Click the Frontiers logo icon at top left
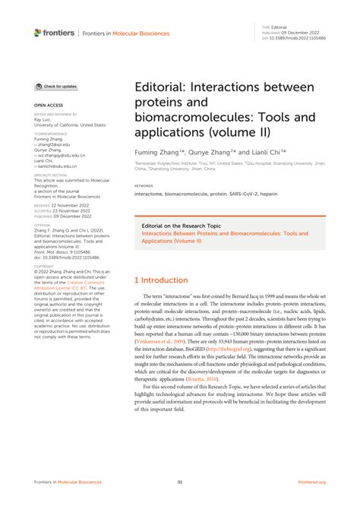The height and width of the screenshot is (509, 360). (38, 33)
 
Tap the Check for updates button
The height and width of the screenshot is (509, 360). (56, 87)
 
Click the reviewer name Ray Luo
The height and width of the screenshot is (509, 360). (43, 119)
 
